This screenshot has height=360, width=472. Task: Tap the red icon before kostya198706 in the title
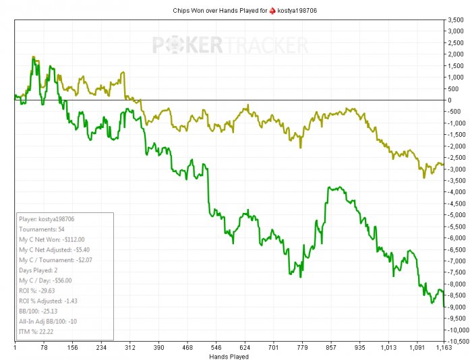(x=272, y=10)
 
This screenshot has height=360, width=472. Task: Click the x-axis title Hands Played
(x=229, y=356)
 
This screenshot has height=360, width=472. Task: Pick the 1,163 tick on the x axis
(x=443, y=349)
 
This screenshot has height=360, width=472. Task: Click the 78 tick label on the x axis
(x=44, y=349)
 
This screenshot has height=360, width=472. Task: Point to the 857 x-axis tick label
(x=331, y=349)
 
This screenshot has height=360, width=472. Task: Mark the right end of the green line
(x=444, y=307)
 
